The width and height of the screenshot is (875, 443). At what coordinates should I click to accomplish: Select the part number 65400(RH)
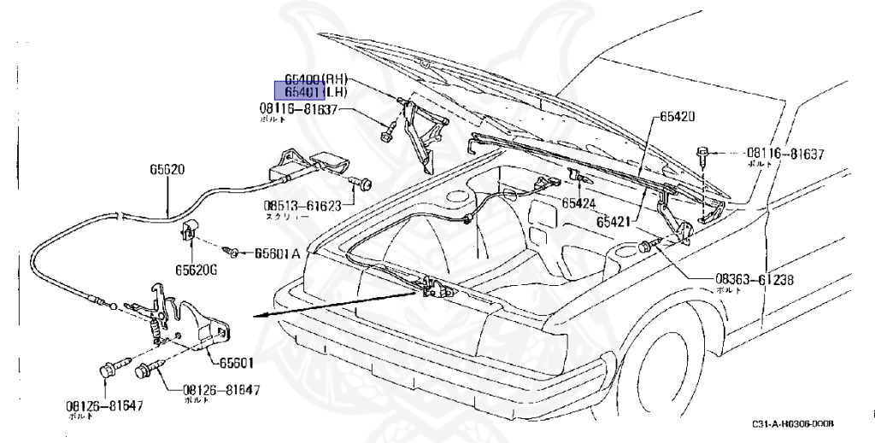point(315,79)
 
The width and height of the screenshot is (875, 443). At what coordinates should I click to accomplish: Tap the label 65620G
point(197,269)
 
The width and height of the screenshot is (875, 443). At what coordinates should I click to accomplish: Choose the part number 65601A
point(277,253)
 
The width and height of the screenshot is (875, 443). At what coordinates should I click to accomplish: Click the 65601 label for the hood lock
point(238,363)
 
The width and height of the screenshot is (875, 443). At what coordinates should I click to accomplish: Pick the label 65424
point(578,203)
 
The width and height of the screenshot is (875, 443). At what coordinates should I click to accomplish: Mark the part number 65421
point(615,220)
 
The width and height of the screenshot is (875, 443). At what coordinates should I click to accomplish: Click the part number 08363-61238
point(755,279)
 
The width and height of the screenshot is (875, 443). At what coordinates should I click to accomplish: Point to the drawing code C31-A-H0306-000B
point(793,424)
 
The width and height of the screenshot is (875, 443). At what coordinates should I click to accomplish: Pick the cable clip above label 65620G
point(189,227)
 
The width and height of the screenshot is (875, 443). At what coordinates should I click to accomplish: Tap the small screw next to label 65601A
point(232,252)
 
